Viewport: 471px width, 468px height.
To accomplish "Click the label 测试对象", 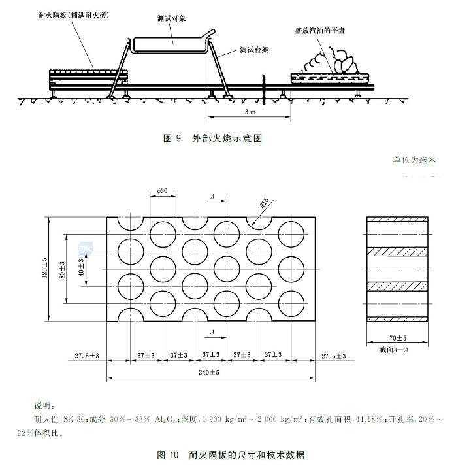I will pyautogui.click(x=172, y=18).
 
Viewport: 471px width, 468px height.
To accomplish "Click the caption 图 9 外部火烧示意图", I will pyautogui.click(x=216, y=139).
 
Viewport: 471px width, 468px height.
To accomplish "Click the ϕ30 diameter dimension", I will pyautogui.click(x=163, y=190).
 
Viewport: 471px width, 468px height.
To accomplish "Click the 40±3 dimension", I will pyautogui.click(x=81, y=270).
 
